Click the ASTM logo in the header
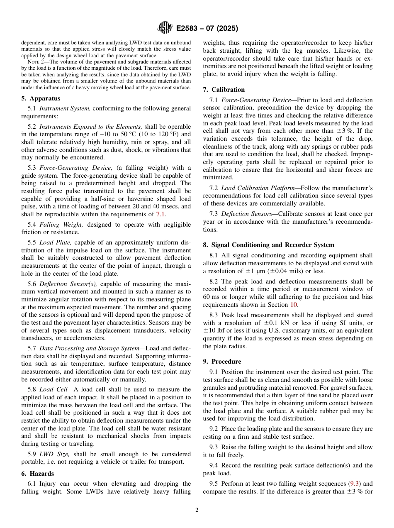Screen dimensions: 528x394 165,28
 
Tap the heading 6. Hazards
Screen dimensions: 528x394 37,474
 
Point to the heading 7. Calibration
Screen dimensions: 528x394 224,90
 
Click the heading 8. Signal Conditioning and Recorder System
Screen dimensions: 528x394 268,245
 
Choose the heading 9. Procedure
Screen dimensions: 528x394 222,362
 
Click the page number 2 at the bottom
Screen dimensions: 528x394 197,510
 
